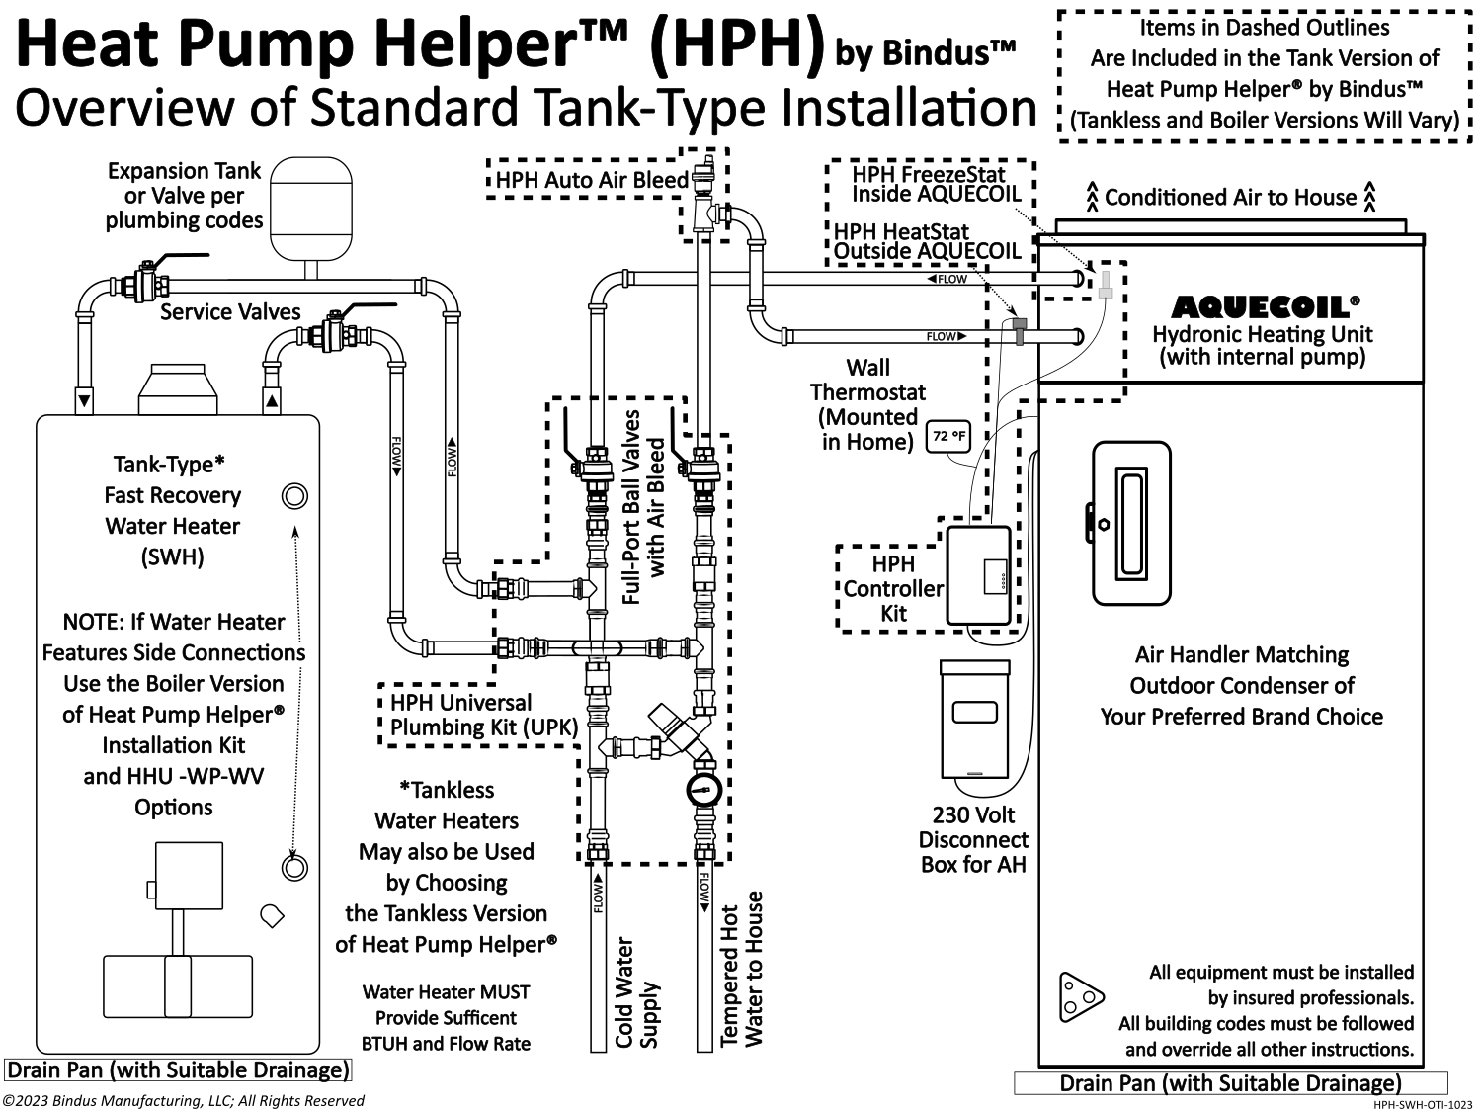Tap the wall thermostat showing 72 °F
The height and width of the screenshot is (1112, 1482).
point(947,436)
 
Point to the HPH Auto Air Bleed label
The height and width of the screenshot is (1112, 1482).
point(591,180)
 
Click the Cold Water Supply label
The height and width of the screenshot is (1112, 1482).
point(636,992)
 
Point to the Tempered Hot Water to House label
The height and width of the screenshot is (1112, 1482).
point(742,970)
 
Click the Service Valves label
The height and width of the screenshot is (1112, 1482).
point(230,312)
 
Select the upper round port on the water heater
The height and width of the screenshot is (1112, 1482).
point(294,495)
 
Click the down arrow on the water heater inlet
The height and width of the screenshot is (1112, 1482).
point(85,401)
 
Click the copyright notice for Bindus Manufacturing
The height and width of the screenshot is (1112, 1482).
point(184,1101)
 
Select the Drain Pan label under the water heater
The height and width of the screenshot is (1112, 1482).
point(179,1070)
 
